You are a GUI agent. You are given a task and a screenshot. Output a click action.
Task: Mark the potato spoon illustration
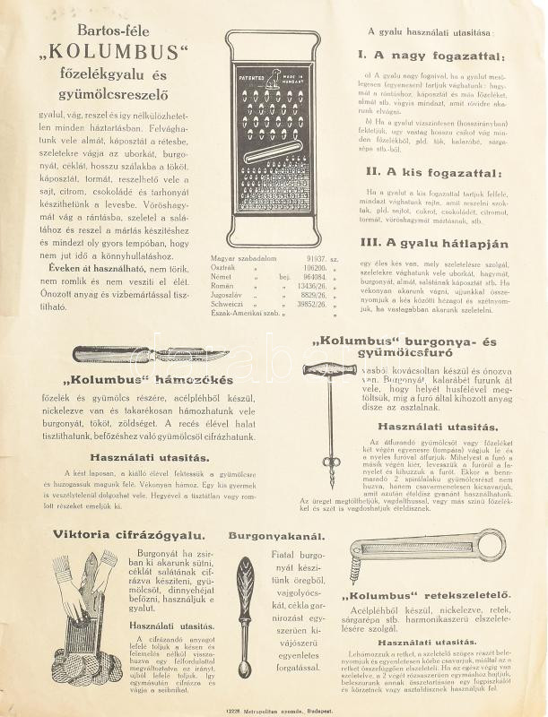click(244, 605)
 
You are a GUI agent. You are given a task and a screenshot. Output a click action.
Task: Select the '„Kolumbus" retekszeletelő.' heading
click(426, 596)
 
